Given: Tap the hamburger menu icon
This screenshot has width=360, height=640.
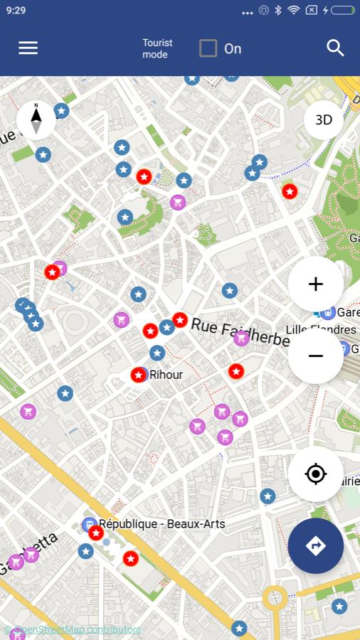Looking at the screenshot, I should [28, 48].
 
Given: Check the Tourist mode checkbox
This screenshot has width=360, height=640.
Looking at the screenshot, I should [208, 48].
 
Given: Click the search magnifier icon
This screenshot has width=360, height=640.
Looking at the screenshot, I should [335, 48].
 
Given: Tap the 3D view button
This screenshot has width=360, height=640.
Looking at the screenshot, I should [324, 119].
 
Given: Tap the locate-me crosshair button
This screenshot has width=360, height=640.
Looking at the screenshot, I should [316, 474].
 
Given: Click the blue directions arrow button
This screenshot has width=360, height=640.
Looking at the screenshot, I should [316, 545].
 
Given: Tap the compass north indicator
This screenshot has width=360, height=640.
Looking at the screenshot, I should [36, 119].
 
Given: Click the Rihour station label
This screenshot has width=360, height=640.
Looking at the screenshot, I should [166, 374].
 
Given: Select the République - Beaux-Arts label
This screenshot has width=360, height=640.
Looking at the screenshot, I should [162, 524].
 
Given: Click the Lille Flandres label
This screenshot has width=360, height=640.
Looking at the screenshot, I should [321, 330].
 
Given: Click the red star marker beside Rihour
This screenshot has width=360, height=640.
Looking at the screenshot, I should [138, 375].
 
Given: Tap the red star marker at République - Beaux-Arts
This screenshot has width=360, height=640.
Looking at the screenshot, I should [96, 533].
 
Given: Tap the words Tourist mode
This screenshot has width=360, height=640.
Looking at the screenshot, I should [157, 48].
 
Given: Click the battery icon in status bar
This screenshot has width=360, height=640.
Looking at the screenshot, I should [342, 10].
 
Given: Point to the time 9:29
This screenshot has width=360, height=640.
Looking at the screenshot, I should [16, 10].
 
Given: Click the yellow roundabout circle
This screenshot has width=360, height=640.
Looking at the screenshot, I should [275, 599].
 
